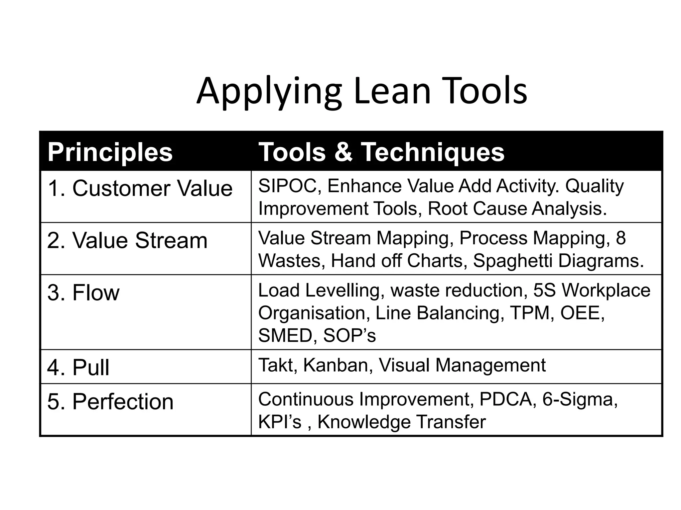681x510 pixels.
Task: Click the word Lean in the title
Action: [392, 91]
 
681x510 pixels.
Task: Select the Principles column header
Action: [110, 152]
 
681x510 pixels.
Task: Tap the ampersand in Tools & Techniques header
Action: [343, 152]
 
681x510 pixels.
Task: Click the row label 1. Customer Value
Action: [140, 188]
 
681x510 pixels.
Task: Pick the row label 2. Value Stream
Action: [127, 240]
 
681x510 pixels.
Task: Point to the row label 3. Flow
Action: [83, 293]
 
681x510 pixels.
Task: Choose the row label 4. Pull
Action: [78, 368]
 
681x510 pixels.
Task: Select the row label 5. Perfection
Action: [110, 401]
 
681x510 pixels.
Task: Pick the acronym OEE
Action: [582, 313]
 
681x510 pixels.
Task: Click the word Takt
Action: [277, 365]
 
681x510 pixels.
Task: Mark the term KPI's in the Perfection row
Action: [280, 422]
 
